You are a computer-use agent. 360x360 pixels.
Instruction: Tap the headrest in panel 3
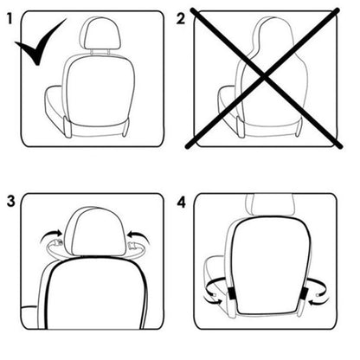90,233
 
